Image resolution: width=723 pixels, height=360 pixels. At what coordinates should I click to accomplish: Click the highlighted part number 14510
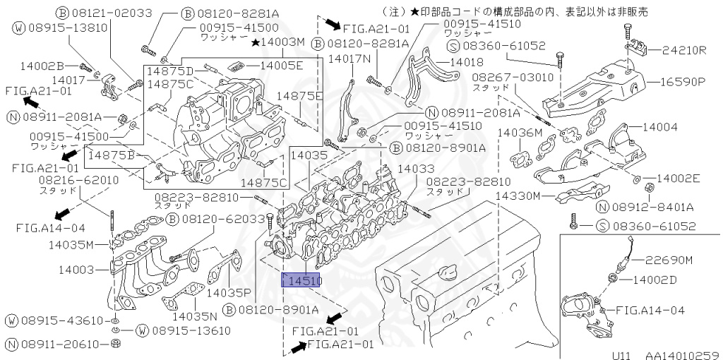pyautogui.click(x=302, y=281)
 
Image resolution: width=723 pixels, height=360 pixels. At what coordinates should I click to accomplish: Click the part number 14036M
pyautogui.click(x=519, y=132)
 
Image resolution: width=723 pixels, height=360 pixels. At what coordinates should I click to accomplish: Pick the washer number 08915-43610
pyautogui.click(x=59, y=320)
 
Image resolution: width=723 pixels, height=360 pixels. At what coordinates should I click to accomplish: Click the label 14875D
pyautogui.click(x=170, y=71)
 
